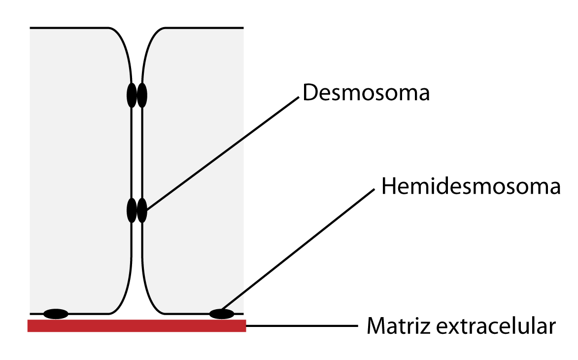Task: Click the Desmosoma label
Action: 366,93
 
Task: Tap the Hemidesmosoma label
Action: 471,187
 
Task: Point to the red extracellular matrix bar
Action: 136,325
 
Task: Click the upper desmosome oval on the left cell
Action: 132,95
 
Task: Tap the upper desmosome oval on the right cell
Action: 142,95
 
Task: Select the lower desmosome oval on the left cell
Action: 132,211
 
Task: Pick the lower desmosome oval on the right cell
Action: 142,211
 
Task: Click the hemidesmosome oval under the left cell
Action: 56,314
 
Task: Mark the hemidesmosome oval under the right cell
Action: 222,314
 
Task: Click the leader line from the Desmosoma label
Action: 222,153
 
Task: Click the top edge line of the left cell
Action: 69,28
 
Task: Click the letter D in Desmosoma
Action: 309,93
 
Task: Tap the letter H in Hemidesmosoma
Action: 388,187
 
